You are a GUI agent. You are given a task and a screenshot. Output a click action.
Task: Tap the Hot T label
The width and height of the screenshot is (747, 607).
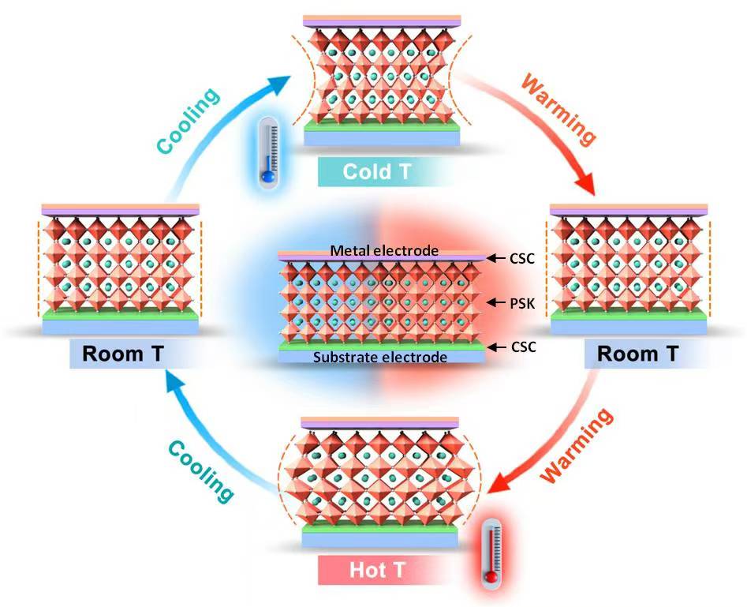tap(373, 569)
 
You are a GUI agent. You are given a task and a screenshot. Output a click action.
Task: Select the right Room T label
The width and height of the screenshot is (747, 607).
tap(637, 353)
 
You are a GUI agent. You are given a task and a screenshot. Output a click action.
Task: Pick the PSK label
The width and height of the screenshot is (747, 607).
tap(519, 302)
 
